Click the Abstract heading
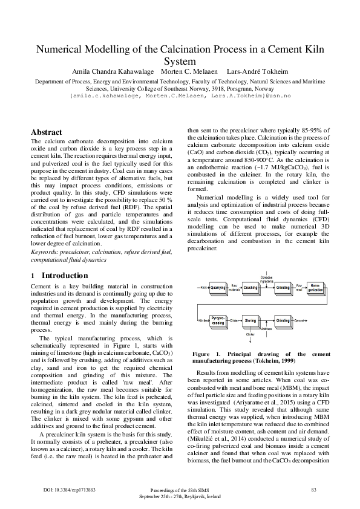[46, 132]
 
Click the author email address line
[180, 96]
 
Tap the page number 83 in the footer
[313, 489]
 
